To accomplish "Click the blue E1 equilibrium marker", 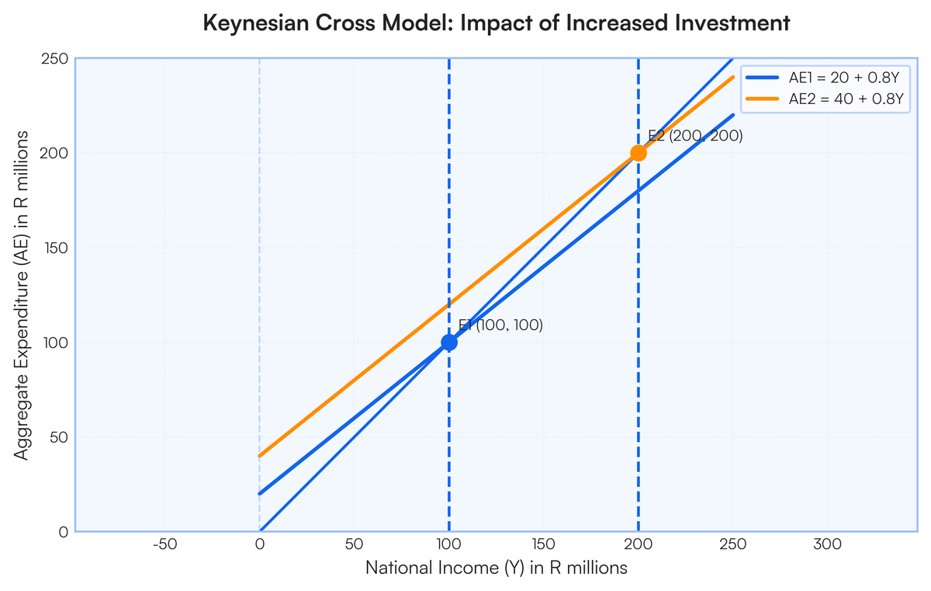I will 448,342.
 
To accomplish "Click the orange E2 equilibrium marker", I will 638,153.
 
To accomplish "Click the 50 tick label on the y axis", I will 59,437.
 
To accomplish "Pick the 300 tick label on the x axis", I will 827,544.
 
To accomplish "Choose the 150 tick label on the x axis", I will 543,544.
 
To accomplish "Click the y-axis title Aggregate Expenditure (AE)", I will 22,295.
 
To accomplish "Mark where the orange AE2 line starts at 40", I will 260,456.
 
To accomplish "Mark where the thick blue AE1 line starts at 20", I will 260,494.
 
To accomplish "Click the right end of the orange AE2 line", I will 732,77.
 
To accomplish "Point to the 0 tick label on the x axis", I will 259,544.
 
